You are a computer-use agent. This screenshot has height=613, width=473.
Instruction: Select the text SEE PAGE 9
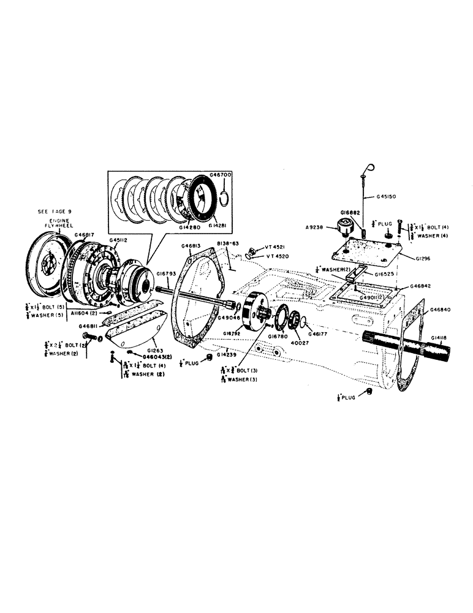pyautogui.click(x=55, y=211)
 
